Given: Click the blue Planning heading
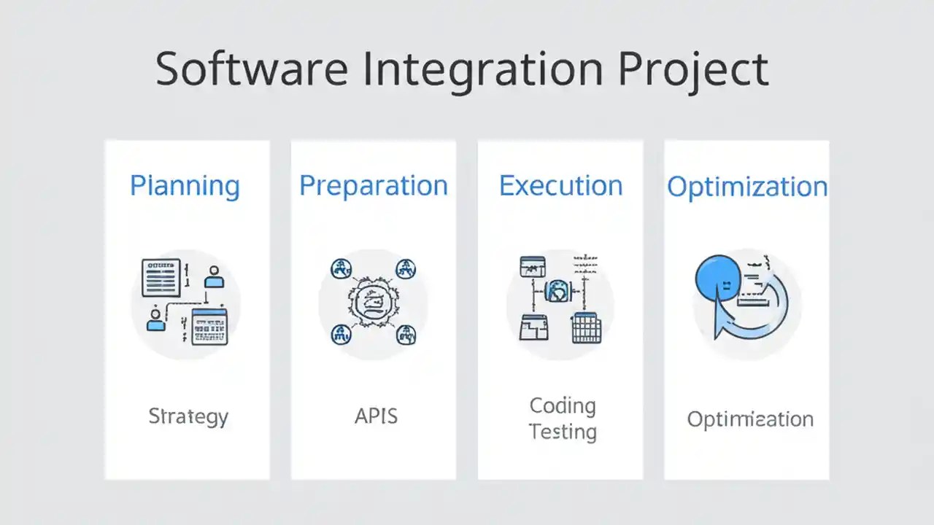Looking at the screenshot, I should pyautogui.click(x=185, y=185).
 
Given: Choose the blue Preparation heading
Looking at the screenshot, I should pyautogui.click(x=374, y=185).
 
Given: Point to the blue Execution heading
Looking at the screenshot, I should pyautogui.click(x=560, y=185).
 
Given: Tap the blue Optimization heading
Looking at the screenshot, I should pyautogui.click(x=747, y=187).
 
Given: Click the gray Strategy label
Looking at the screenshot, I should pyautogui.click(x=188, y=416).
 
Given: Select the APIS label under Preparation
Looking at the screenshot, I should pyautogui.click(x=376, y=416).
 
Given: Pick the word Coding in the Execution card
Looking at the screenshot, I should pyautogui.click(x=563, y=405).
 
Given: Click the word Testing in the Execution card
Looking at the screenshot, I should pyautogui.click(x=563, y=432).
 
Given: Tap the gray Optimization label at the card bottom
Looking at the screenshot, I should pyautogui.click(x=750, y=419).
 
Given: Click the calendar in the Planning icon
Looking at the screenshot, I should pyautogui.click(x=209, y=327).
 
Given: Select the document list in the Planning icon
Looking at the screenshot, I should pyautogui.click(x=161, y=277).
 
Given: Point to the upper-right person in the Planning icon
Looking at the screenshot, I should pyautogui.click(x=214, y=276).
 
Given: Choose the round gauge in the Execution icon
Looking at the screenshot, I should pyautogui.click(x=558, y=292).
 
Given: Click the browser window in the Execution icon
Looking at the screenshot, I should pyautogui.click(x=533, y=266).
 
